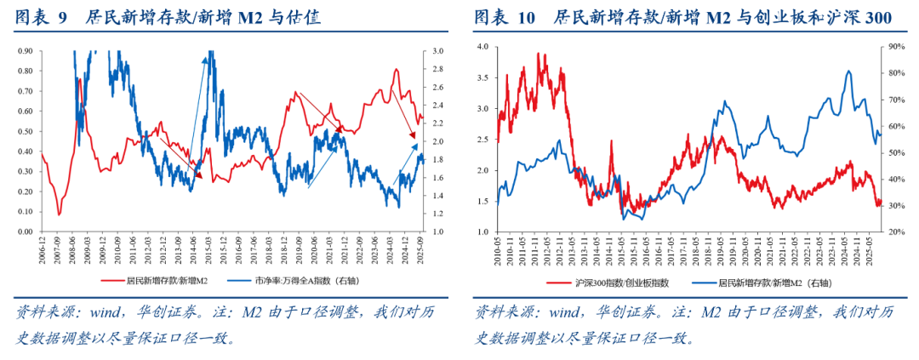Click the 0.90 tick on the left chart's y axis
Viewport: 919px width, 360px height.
click(x=24, y=51)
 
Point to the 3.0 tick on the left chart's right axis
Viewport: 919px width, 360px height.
click(x=437, y=51)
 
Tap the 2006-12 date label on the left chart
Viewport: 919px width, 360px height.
click(x=41, y=248)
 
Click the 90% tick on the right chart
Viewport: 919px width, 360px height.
click(x=893, y=46)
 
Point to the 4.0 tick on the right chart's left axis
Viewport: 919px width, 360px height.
click(x=483, y=46)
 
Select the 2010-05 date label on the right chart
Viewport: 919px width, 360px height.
click(x=497, y=248)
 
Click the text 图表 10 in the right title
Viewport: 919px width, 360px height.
click(x=505, y=16)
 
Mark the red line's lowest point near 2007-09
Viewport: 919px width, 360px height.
click(x=59, y=214)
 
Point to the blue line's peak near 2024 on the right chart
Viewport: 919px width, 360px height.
click(x=848, y=71)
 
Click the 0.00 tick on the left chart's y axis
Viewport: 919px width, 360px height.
click(x=24, y=231)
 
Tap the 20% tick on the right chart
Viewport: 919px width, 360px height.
click(x=893, y=231)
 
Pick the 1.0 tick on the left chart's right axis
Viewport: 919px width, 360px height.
click(x=437, y=231)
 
